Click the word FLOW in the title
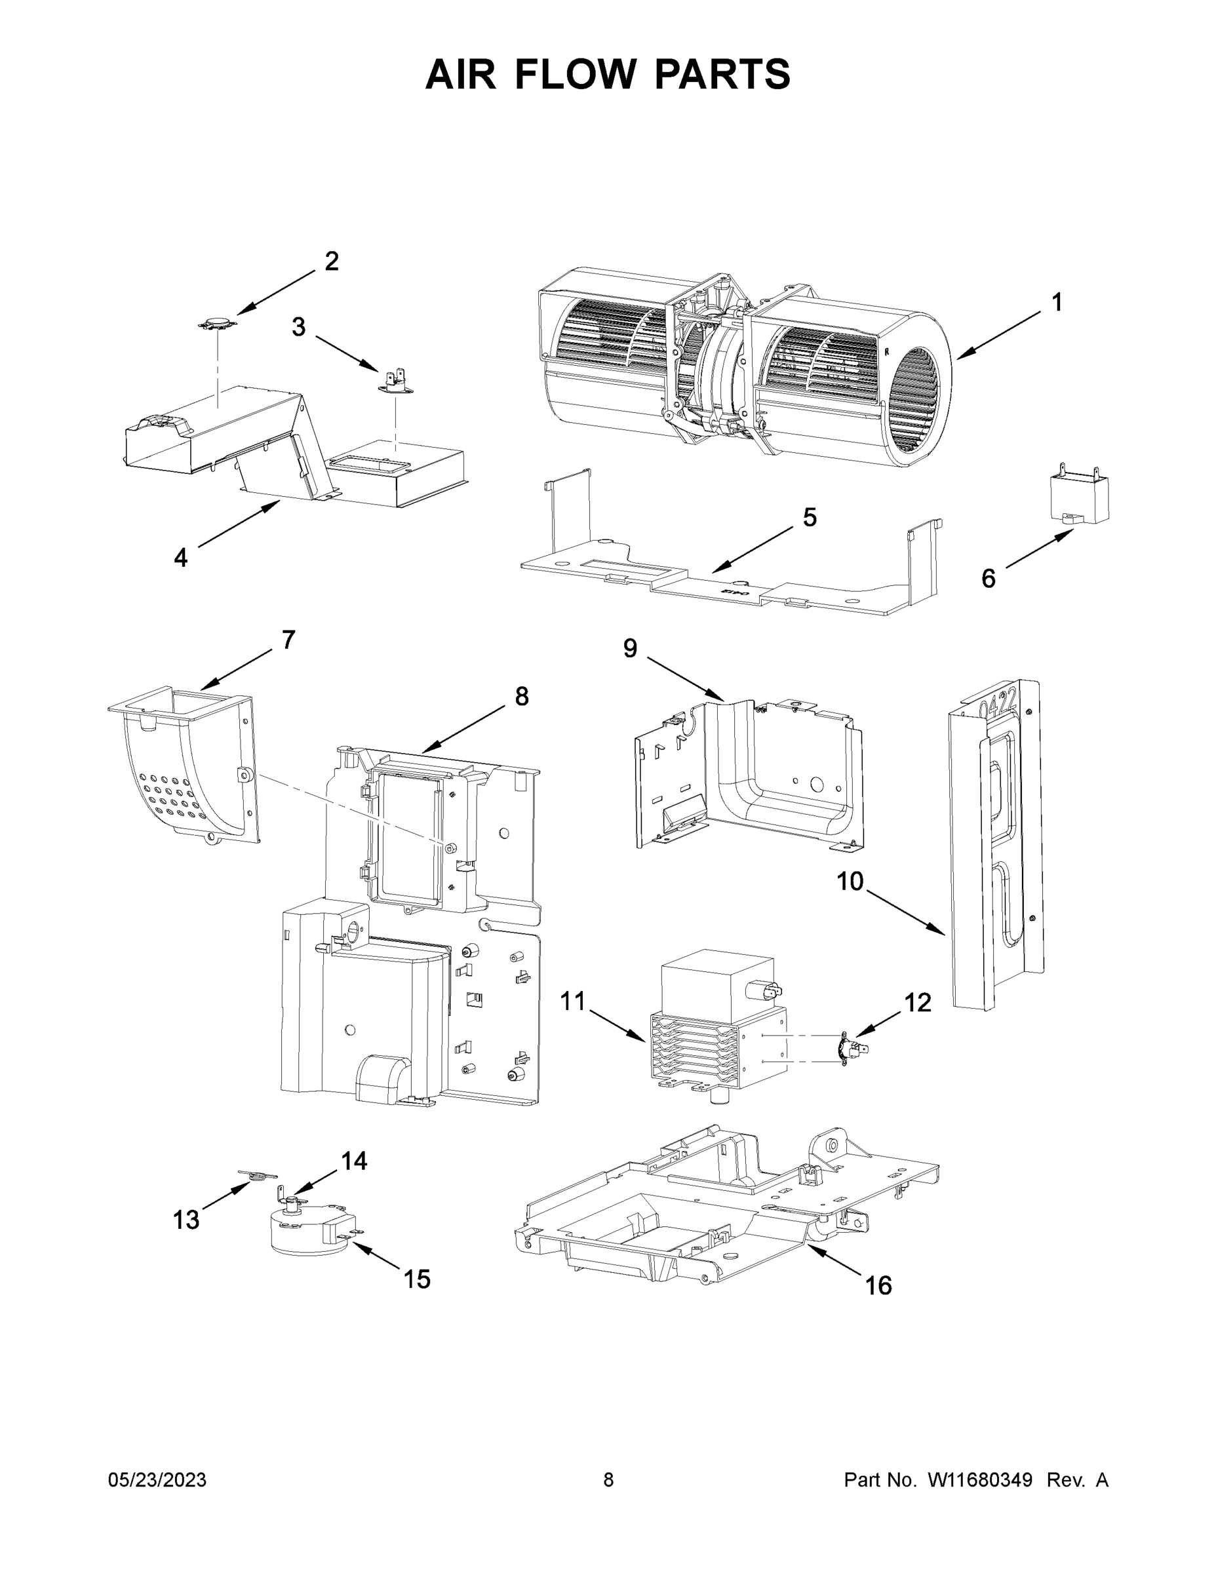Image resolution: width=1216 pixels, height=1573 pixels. point(576,74)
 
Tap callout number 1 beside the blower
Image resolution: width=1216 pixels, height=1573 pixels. point(1056,303)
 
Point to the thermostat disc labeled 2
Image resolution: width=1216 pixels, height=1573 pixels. point(217,323)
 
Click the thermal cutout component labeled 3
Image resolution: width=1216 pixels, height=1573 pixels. point(393,380)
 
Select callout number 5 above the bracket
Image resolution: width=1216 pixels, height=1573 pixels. point(810,517)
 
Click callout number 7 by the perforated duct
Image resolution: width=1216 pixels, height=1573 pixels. point(288,640)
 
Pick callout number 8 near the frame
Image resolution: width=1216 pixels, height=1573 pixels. point(522,696)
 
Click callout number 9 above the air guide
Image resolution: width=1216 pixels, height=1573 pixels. point(631,648)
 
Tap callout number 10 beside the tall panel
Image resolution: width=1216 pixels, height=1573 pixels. point(850,881)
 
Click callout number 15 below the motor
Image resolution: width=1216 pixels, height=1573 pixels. point(416,1279)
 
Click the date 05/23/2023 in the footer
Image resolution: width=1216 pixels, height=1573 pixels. point(157,1479)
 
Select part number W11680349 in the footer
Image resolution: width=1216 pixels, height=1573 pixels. point(980,1479)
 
